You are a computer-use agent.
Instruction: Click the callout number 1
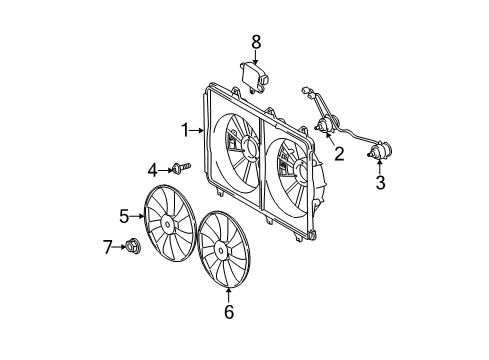tap(185, 129)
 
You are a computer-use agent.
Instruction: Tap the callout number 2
tap(339, 154)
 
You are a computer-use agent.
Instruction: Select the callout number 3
tap(380, 183)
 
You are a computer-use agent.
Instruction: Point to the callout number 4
tap(153, 169)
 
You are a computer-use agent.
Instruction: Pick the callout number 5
tap(125, 214)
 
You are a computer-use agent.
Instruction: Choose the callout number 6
tap(228, 313)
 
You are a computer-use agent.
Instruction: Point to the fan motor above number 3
tap(379, 154)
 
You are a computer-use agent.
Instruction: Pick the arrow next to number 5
tap(138, 214)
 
